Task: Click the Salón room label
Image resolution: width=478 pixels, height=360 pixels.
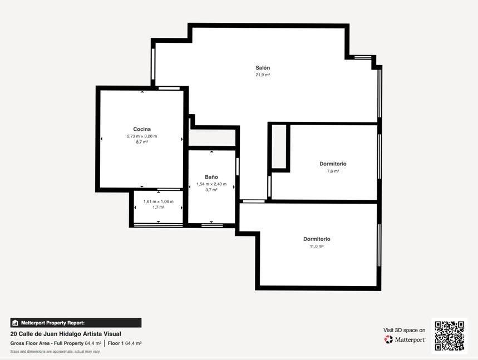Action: point(263,68)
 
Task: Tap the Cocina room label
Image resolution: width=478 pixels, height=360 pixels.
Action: point(142,129)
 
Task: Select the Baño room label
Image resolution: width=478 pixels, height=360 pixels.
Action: point(211,177)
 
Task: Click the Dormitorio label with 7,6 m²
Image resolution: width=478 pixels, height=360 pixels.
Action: point(333,164)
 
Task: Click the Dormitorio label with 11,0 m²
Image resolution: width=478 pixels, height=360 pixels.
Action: point(317,239)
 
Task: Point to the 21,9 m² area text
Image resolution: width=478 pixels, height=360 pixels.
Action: point(263,75)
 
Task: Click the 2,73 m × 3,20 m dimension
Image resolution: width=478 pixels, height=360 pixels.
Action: point(142,136)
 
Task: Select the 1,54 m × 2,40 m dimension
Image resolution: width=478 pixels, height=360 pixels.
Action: point(211,184)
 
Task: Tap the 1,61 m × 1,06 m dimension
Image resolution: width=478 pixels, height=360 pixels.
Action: point(159,201)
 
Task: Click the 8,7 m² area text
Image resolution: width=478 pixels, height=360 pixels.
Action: point(142,142)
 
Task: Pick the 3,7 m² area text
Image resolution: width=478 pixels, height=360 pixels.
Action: point(211,190)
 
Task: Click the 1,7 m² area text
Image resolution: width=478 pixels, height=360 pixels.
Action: point(159,208)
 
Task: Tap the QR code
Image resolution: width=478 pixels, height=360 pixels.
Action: point(450,336)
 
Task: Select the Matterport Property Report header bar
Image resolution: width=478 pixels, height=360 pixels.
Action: point(76,323)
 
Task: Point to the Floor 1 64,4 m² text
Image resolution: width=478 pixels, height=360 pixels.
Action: point(125,343)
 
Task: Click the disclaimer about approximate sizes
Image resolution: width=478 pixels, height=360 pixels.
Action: point(55,352)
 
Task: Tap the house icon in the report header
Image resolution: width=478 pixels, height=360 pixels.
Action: point(15,323)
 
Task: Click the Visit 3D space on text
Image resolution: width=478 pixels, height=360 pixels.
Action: point(404,330)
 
